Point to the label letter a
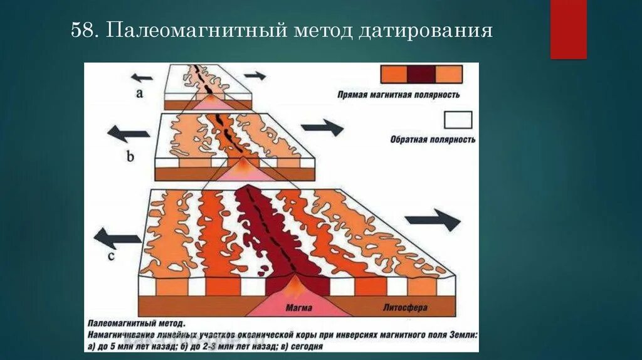pyautogui.click(x=140, y=93)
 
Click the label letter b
pyautogui.click(x=130, y=156)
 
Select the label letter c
pyautogui.click(x=112, y=256)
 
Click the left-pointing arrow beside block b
pyautogui.click(x=129, y=134)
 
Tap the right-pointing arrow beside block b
pyautogui.click(x=323, y=127)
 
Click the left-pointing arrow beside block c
pyautogui.click(x=117, y=238)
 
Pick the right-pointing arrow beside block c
pyautogui.click(x=433, y=220)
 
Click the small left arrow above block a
pyautogui.click(x=142, y=78)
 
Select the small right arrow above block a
pyautogui.click(x=255, y=75)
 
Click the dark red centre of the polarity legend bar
pyautogui.click(x=421, y=75)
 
